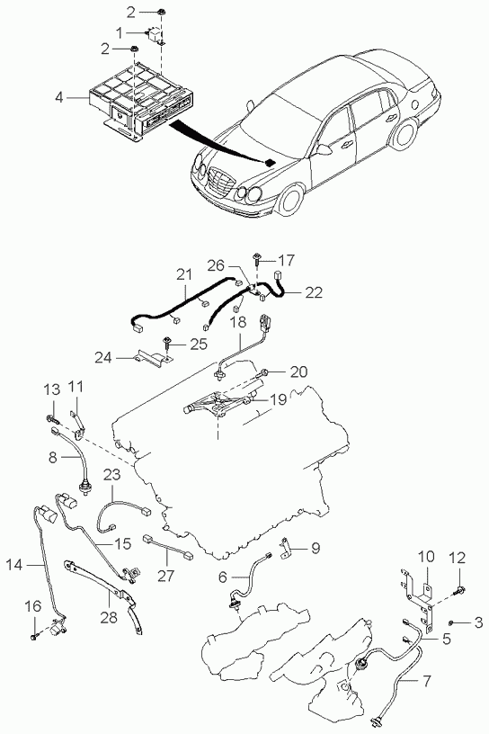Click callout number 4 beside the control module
(x=58, y=97)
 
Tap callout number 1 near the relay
(x=119, y=32)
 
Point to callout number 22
(x=314, y=292)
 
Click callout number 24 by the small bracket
(x=103, y=358)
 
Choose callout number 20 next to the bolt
(x=299, y=372)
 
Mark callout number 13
(x=52, y=389)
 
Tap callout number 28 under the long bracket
(x=109, y=617)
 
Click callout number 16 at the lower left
(x=33, y=606)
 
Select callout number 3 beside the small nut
(x=478, y=622)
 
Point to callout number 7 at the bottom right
(x=426, y=682)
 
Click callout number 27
(x=165, y=576)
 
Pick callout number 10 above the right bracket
(x=426, y=557)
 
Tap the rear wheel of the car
(x=405, y=134)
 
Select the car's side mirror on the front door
(x=323, y=149)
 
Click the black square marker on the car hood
(x=270, y=163)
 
